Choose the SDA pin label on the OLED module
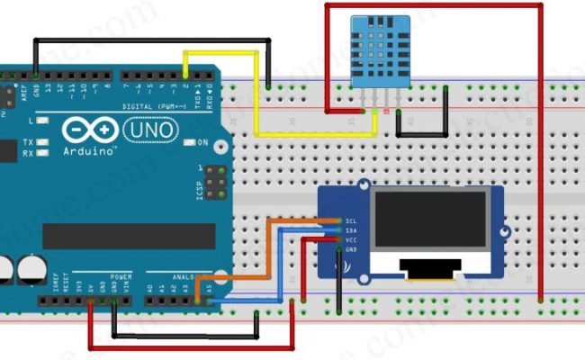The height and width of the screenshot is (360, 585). pos(351,230)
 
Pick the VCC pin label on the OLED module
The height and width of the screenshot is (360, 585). pos(351,239)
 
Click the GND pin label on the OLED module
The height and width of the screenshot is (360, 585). pos(351,249)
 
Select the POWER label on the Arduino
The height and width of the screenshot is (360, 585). pos(121,277)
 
